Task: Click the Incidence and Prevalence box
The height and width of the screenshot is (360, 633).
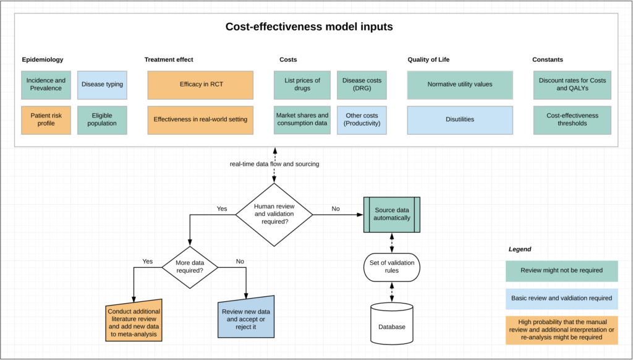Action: (x=46, y=84)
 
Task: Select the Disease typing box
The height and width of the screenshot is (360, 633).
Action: (x=102, y=84)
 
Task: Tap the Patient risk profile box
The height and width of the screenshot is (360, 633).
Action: (x=46, y=119)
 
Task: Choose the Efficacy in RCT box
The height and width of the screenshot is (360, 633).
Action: (x=200, y=84)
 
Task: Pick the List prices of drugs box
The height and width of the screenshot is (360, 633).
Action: (x=302, y=84)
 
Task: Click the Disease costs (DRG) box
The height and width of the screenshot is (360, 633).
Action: (x=362, y=84)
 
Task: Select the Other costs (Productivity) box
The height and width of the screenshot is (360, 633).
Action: (x=362, y=119)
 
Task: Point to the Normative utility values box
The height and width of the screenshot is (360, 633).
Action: (x=460, y=84)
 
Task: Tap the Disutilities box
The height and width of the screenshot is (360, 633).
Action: (x=460, y=119)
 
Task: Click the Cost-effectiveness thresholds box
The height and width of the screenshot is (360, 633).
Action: (x=572, y=119)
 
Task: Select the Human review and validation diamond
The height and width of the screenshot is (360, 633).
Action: (x=274, y=215)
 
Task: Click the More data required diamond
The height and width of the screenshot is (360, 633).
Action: (x=190, y=266)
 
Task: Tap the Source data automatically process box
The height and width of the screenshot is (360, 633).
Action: (x=392, y=215)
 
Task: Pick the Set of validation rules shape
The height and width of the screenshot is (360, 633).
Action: (x=392, y=267)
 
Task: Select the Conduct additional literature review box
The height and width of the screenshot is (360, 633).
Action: (x=134, y=322)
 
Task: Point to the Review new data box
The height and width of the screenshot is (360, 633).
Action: (x=245, y=319)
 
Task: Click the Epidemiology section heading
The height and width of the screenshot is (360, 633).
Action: (x=43, y=59)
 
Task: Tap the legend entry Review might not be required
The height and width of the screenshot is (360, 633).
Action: (x=561, y=270)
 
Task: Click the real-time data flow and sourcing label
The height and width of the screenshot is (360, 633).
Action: (x=273, y=164)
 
